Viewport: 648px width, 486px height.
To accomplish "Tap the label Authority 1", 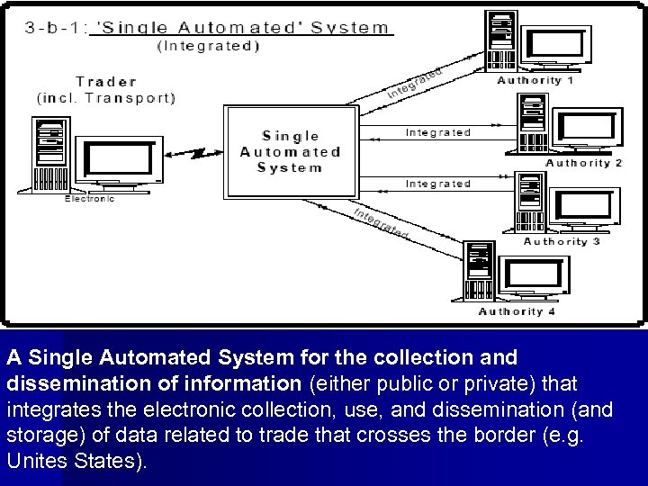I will click(535, 80).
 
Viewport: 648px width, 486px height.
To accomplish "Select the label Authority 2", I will click(583, 163).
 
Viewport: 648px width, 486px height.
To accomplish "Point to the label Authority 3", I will click(562, 241).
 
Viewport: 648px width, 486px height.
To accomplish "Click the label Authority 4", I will click(517, 311).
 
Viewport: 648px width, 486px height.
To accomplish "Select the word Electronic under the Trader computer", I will click(89, 199).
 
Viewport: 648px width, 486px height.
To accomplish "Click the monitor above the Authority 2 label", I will click(587, 129).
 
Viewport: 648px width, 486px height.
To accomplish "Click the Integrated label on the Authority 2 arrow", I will click(437, 132).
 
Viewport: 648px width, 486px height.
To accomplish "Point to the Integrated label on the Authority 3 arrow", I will click(437, 184).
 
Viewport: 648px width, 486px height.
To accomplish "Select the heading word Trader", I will click(106, 81).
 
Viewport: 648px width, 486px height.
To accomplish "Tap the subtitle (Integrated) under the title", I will click(208, 46).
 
